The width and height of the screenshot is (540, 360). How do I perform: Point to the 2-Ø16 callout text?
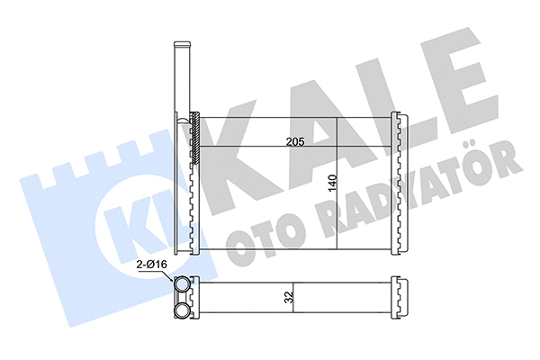[150, 265]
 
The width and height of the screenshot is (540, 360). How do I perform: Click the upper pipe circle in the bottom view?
[183, 285]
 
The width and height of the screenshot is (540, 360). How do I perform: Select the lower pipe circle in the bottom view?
[183, 311]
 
